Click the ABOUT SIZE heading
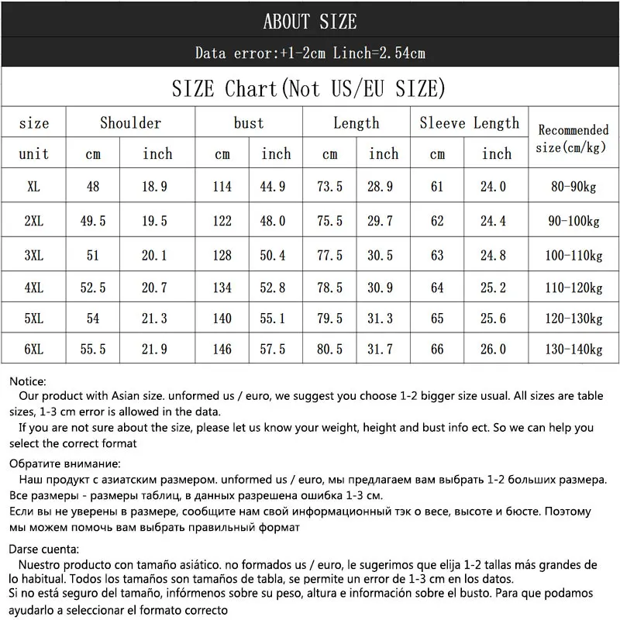click(310, 21)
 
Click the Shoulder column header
click(130, 123)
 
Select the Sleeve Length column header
click(470, 123)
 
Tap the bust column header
click(248, 123)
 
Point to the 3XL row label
click(33, 255)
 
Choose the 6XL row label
click(33, 350)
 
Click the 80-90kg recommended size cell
click(573, 187)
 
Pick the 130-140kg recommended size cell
click(573, 350)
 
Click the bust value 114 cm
click(222, 187)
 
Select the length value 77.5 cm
click(330, 255)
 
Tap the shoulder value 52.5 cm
click(93, 288)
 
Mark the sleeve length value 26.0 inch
click(494, 350)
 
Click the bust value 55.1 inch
click(276, 319)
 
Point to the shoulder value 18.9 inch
click(155, 187)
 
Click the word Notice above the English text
click(28, 381)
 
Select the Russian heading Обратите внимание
click(65, 463)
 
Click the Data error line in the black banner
click(310, 53)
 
